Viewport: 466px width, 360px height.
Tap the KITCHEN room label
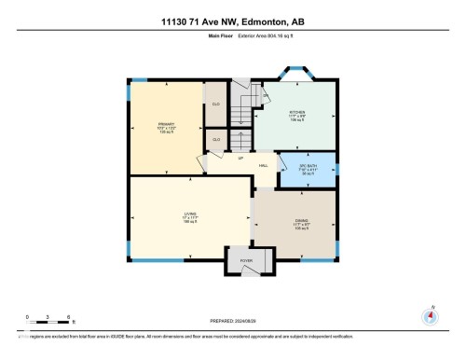click(x=297, y=115)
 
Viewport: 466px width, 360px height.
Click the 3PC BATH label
click(x=309, y=169)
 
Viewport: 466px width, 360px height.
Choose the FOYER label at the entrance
click(x=246, y=261)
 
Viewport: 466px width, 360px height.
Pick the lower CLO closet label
click(x=216, y=139)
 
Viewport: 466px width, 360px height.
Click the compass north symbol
click(x=430, y=315)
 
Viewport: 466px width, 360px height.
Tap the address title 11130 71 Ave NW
click(x=232, y=10)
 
